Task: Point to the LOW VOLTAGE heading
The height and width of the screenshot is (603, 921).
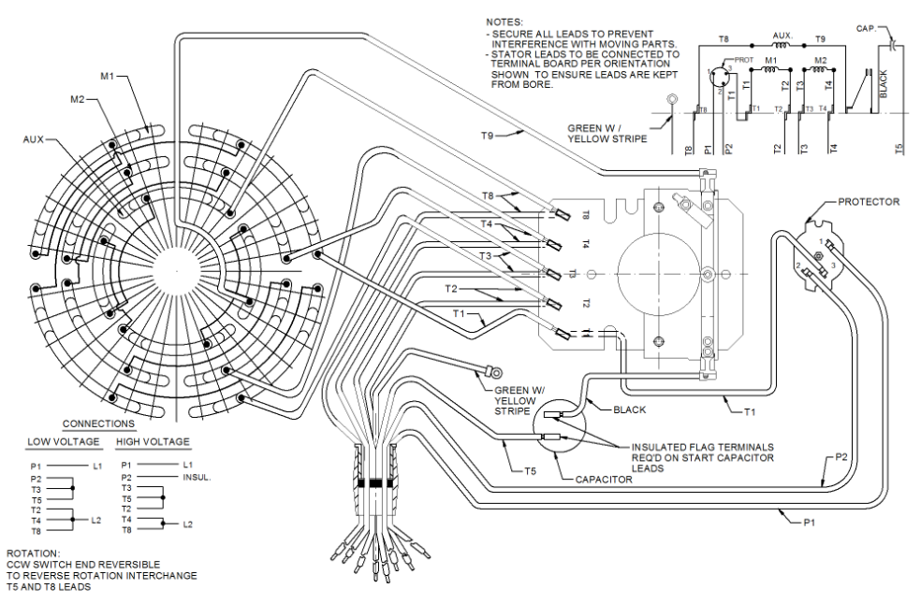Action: point(61,441)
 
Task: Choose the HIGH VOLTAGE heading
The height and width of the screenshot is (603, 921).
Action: point(153,441)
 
